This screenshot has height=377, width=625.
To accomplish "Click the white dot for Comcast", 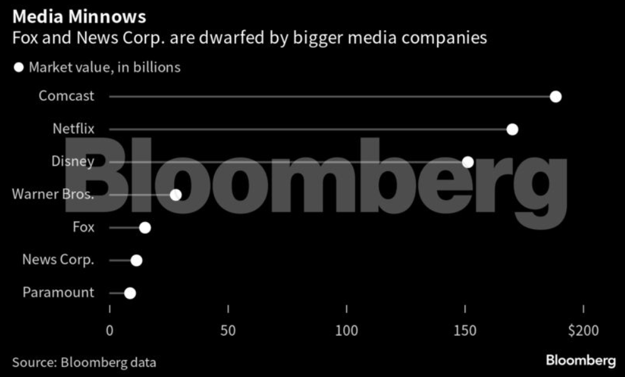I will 555,97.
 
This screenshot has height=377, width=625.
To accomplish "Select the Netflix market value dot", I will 512,129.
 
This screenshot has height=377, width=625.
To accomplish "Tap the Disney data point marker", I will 468,162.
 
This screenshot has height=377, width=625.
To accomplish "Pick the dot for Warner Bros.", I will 175,194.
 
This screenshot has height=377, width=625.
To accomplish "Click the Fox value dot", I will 145,227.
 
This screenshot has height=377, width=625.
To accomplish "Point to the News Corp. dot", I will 136,260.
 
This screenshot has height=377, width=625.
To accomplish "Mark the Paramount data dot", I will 130,293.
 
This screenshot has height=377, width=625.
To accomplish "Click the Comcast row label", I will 66,96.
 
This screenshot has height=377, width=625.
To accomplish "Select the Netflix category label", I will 73,129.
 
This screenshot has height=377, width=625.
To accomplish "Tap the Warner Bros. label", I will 53,194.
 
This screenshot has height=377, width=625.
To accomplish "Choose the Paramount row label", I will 58,292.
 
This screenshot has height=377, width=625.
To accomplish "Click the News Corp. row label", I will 58,259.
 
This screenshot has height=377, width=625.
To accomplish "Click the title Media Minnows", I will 79,15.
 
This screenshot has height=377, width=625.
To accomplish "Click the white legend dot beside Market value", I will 19,67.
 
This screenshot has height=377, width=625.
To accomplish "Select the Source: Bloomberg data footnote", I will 84,362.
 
